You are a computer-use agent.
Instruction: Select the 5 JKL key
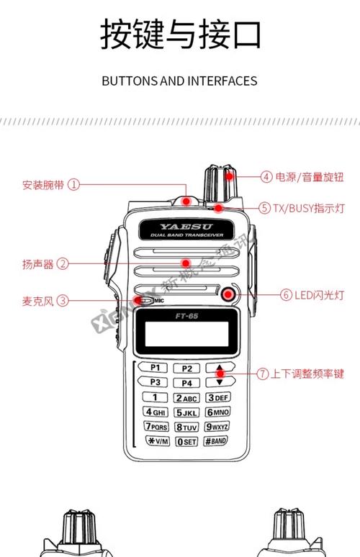pyautogui.click(x=186, y=412)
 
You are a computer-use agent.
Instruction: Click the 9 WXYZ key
pyautogui.click(x=219, y=427)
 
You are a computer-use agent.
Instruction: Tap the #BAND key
pyautogui.click(x=218, y=441)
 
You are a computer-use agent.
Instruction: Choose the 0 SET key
pyautogui.click(x=186, y=441)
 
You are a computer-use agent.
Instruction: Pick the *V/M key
pyautogui.click(x=155, y=441)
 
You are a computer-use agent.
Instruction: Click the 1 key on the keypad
pyautogui.click(x=155, y=397)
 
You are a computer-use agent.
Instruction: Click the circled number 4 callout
pyautogui.click(x=266, y=176)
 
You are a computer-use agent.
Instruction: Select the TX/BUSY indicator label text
pyautogui.click(x=299, y=208)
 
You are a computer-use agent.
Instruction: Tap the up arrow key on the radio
pyautogui.click(x=220, y=368)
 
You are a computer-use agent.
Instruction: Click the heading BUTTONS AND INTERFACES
pyautogui.click(x=179, y=81)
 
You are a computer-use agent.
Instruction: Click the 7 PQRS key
pyautogui.click(x=155, y=427)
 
